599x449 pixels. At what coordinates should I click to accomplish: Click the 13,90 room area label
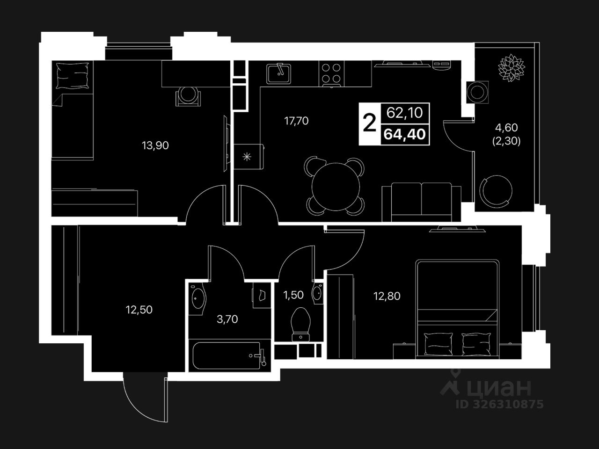(155, 145)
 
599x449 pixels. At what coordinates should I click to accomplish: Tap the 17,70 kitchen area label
(296, 121)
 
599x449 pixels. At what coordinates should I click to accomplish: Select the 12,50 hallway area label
(139, 309)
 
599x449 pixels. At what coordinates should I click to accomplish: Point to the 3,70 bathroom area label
(227, 319)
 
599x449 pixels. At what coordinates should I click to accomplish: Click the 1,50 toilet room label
(293, 295)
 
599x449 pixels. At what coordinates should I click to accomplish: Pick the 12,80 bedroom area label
(387, 296)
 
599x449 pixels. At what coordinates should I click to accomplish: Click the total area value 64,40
(405, 135)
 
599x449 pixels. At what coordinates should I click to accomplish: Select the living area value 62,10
(405, 112)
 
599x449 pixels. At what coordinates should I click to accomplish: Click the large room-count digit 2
(369, 123)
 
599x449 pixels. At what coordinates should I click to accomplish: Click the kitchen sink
(279, 73)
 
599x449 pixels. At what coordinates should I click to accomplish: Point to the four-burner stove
(332, 73)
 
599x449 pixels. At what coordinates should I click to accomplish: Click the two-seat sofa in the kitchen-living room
(422, 202)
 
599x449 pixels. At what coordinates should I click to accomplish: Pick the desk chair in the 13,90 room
(189, 96)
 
